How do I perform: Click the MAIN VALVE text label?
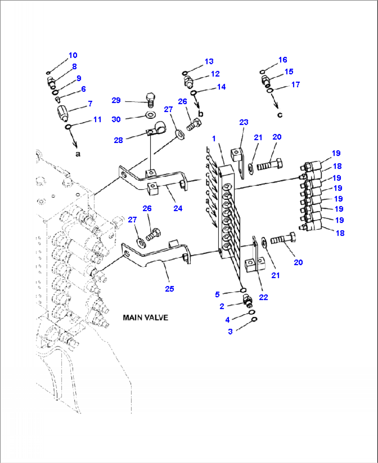point(145,318)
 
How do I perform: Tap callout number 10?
point(73,55)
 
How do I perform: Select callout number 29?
point(116,100)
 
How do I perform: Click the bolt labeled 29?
point(151,99)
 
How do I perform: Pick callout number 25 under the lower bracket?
point(170,289)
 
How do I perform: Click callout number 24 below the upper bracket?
point(178,208)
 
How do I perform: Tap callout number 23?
point(244,122)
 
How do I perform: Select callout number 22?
point(264,297)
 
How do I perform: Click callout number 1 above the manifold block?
point(214,139)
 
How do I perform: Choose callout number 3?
point(230,331)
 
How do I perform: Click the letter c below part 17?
point(280,115)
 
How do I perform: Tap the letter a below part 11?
point(78,153)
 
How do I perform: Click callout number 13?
point(209,61)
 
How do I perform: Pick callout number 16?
point(283,60)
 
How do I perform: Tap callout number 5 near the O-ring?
point(217,294)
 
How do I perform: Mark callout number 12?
point(215,74)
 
